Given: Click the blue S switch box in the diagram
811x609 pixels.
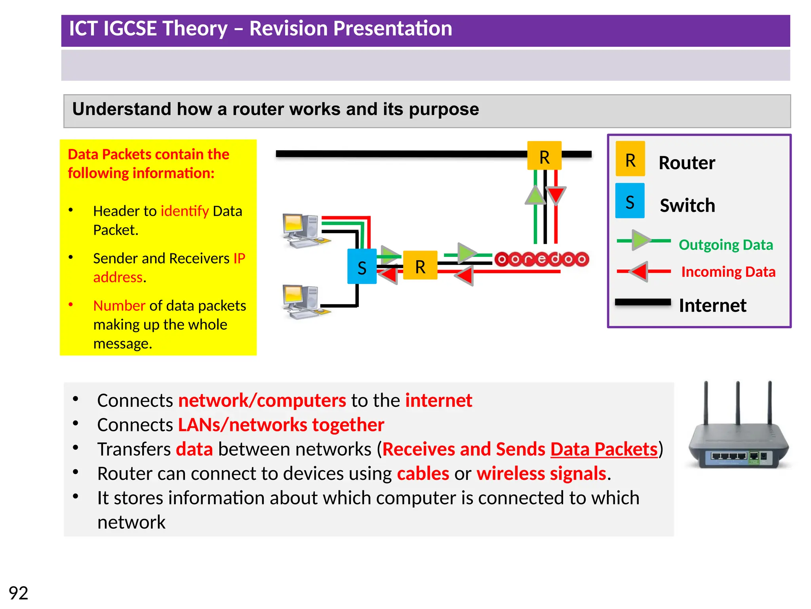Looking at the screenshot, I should (362, 266).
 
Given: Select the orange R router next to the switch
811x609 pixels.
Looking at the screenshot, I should (420, 265).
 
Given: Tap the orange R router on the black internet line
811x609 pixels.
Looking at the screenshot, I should (544, 155).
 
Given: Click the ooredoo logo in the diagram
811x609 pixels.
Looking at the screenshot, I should (542, 259).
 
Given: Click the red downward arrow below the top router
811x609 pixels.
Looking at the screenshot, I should (556, 196).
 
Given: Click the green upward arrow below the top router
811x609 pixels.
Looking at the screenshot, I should (535, 195).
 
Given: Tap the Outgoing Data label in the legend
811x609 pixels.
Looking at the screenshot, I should (725, 245).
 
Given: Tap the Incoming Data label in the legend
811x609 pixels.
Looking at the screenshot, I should (728, 272).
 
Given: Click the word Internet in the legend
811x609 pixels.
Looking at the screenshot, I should (712, 306).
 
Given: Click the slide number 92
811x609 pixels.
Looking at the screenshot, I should (18, 593).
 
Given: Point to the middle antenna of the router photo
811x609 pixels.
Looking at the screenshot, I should (738, 402).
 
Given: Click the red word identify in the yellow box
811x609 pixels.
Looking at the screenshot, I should (185, 211).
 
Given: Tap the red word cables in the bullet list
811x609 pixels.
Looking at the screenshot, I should (423, 474).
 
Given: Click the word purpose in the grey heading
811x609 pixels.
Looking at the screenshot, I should (444, 109).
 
